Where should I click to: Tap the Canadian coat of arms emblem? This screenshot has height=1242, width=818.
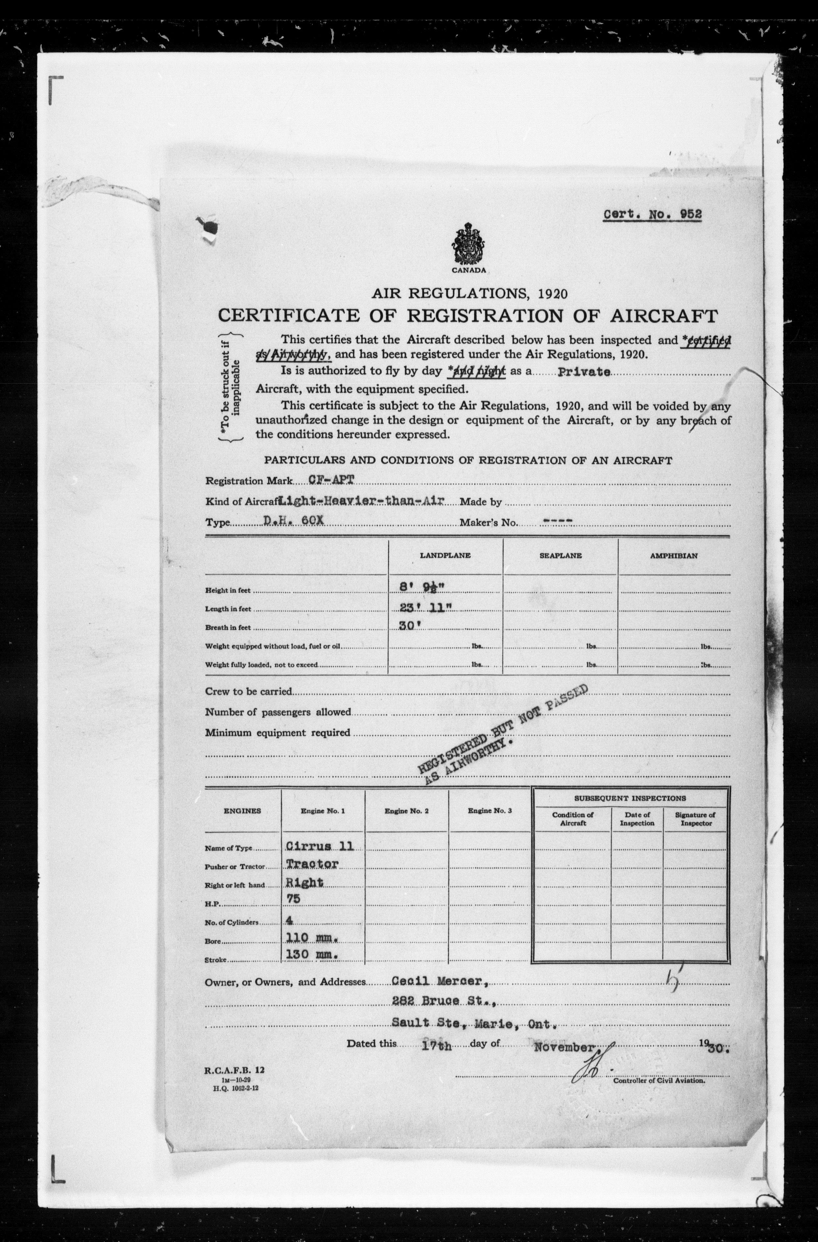(469, 244)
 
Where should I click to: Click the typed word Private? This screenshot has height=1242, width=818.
(584, 372)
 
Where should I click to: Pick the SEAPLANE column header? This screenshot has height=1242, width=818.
(560, 556)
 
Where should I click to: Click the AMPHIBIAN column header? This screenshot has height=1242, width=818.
(673, 556)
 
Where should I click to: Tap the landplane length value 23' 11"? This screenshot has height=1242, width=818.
(422, 608)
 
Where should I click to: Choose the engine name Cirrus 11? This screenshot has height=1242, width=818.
(320, 846)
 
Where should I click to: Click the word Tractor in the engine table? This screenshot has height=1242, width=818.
(312, 864)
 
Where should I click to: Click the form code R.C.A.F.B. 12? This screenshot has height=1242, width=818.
(234, 1070)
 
